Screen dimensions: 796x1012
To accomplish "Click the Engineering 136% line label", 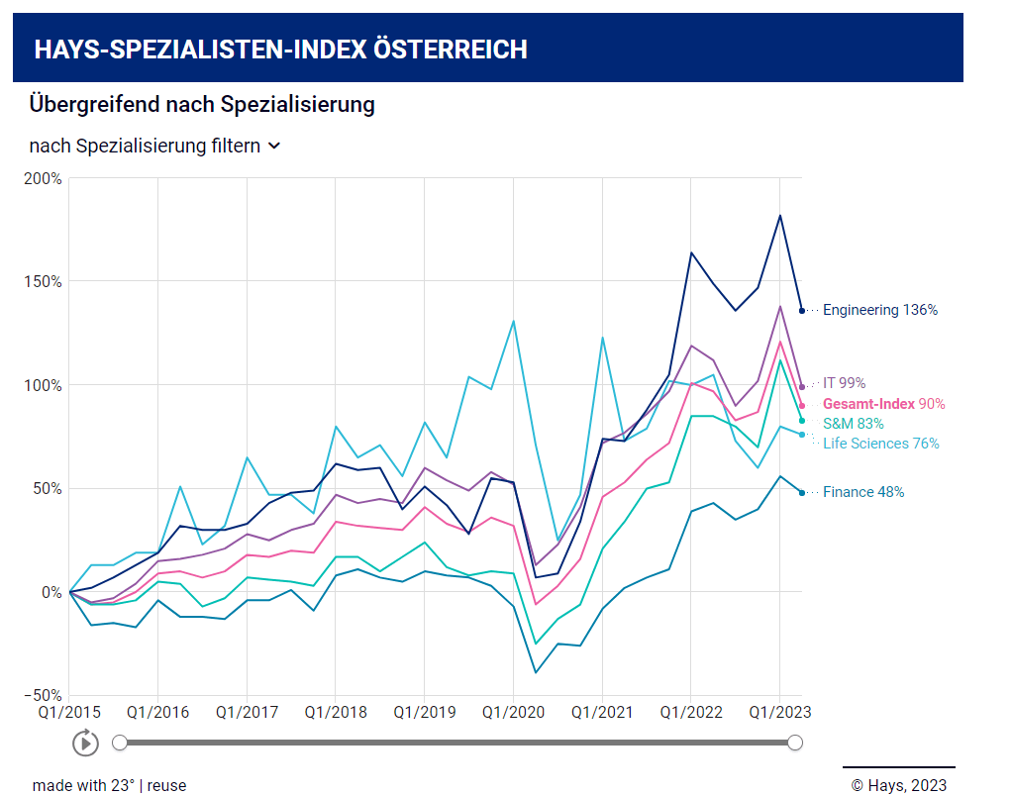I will [880, 310].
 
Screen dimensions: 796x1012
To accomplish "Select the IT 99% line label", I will [845, 383].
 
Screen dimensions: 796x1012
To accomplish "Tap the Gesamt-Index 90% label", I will [883, 404].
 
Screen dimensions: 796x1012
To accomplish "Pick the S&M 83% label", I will [853, 424].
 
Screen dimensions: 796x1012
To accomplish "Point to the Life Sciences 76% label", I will [881, 444].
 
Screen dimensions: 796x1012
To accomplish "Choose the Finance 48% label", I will [863, 492].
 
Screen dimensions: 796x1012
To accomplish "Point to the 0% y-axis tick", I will [52, 592].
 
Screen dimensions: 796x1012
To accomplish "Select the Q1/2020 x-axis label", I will [513, 712].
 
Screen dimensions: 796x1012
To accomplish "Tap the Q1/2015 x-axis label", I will [69, 712].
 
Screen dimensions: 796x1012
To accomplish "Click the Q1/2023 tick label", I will [779, 712].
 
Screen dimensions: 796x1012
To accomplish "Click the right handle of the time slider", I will [795, 743].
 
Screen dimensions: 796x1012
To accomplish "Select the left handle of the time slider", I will [120, 743].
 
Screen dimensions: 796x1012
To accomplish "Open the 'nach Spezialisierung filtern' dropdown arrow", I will [274, 147].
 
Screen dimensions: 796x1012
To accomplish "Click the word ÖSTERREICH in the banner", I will [450, 50].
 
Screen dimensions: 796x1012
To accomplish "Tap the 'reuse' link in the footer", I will [167, 785].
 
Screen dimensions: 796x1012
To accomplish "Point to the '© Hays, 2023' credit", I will [898, 785].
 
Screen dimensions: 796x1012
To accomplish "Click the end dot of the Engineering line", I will [802, 311].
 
